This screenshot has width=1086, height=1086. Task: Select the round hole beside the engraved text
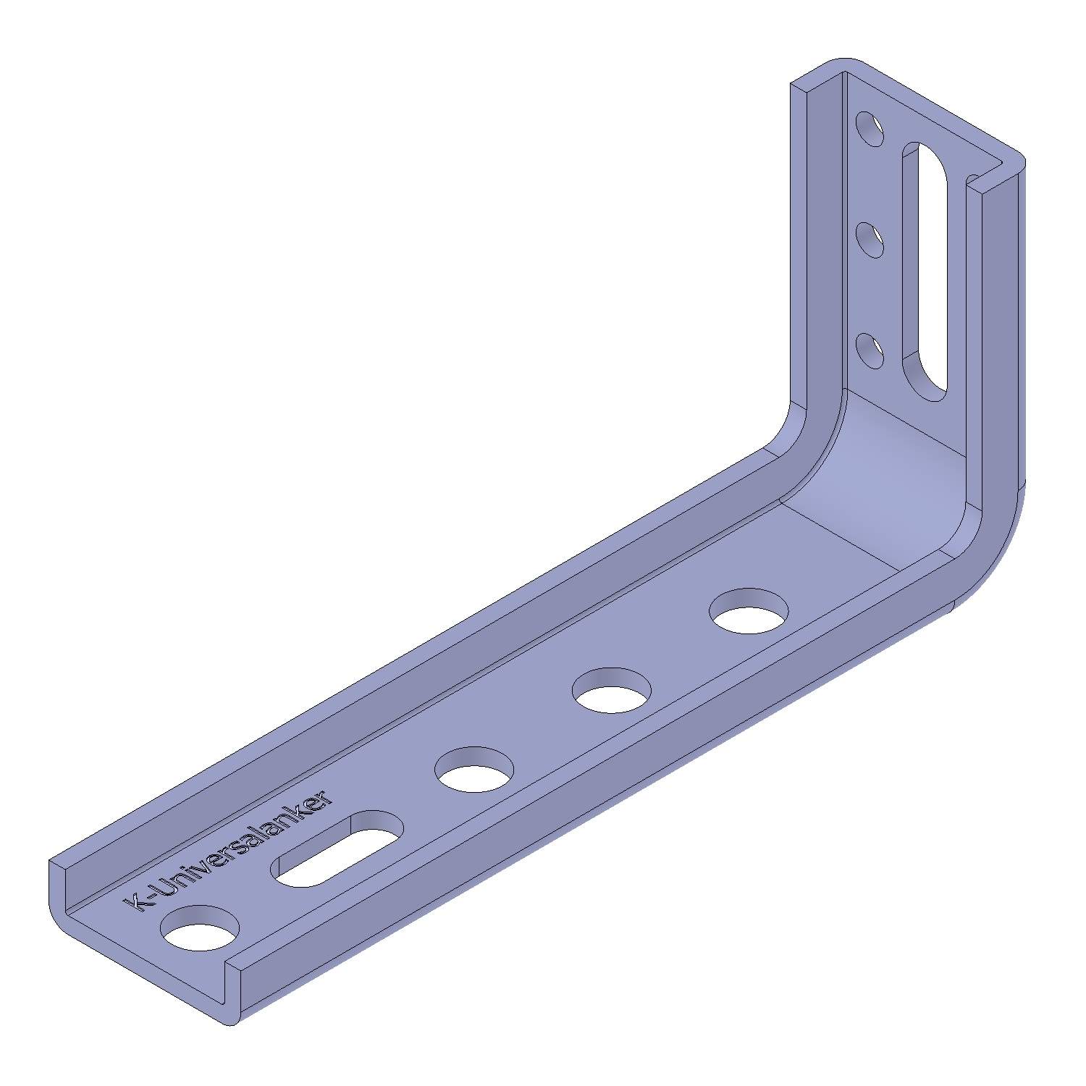201,928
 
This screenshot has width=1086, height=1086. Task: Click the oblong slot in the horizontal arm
338,849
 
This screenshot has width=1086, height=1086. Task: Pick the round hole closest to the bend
749,611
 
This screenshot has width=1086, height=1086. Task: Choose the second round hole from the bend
612,691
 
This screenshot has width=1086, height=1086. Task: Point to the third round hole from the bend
474,770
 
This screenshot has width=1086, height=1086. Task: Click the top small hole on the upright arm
870,129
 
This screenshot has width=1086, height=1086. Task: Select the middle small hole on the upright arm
870,240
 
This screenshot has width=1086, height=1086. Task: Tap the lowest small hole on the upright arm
870,351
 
